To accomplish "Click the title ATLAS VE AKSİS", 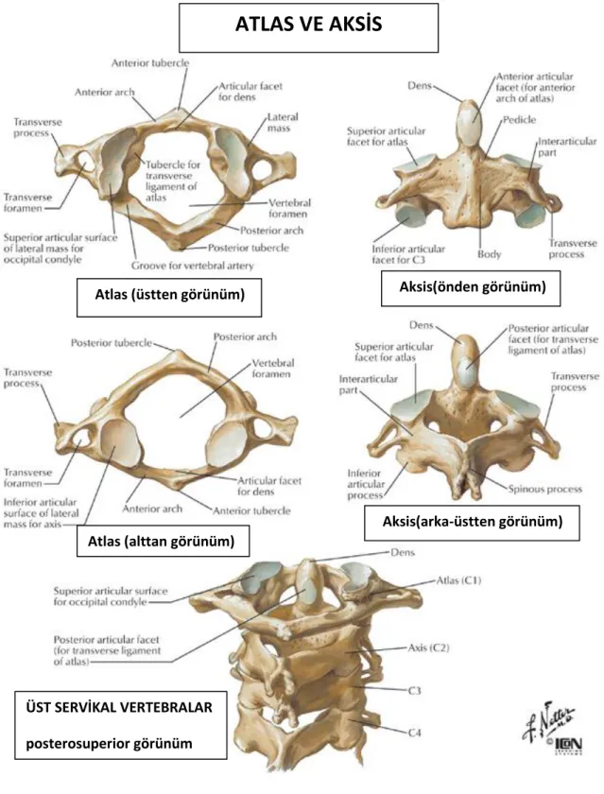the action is tap(308, 25).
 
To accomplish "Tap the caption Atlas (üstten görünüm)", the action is tap(169, 294).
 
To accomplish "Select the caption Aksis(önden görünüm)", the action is tap(473, 286).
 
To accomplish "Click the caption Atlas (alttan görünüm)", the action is tap(161, 542).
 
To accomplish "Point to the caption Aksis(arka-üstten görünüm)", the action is tap(473, 521).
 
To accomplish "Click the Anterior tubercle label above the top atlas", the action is tap(150, 63).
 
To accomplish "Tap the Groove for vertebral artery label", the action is tap(193, 266).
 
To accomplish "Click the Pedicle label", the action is tap(520, 120).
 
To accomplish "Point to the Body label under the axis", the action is tap(489, 253).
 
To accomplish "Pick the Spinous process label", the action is tap(545, 490).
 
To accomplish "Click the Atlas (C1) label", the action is tap(458, 580).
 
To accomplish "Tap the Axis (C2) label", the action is tap(429, 647).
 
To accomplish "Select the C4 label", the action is tap(415, 733).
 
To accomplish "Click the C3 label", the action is tap(415, 690).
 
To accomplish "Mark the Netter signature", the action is tap(548, 719).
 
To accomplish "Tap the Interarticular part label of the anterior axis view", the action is tap(566, 147).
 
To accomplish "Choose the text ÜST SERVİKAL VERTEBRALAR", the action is tap(119, 707).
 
